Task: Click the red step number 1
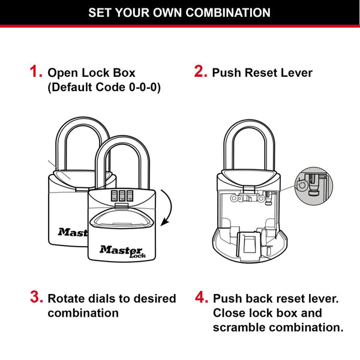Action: click(x=35, y=73)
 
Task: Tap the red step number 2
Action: click(x=200, y=73)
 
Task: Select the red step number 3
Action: click(x=36, y=298)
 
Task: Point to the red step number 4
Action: click(x=201, y=298)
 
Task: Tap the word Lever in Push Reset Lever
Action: click(x=296, y=73)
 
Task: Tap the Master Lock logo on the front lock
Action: click(x=122, y=250)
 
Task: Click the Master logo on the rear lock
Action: click(x=72, y=231)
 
